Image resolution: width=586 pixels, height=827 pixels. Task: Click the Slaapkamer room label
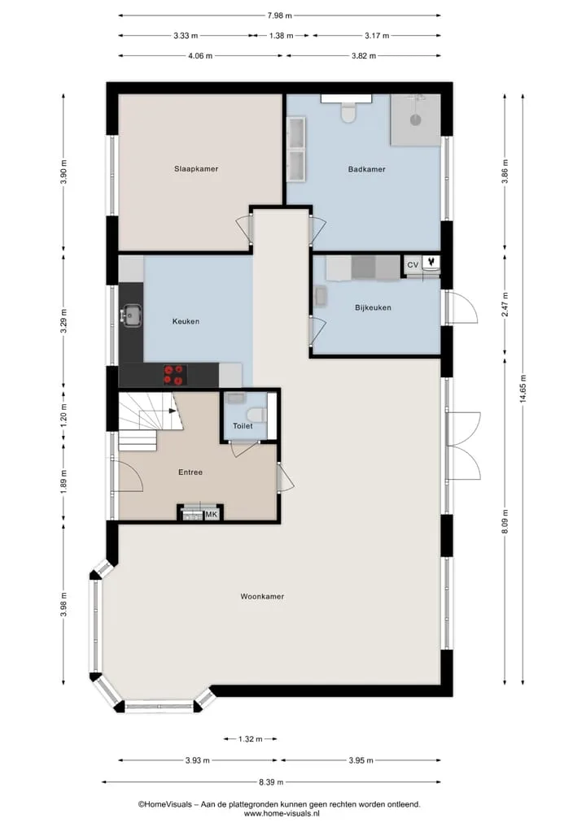196,169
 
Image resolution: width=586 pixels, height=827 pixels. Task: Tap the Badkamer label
366,169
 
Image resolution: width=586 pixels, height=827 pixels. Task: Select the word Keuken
186,321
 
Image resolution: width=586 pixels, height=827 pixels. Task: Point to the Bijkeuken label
373,307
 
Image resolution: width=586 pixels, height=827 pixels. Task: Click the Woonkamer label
262,597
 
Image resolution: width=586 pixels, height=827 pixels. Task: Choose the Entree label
190,472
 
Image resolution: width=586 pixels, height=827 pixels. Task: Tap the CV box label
413,265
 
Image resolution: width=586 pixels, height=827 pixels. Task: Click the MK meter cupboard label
211,514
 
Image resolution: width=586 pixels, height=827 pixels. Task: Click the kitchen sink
130,316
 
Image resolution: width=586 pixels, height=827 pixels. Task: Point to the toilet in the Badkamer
348,112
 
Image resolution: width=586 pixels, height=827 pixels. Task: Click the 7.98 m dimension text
279,15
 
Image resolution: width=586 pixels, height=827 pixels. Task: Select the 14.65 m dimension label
523,390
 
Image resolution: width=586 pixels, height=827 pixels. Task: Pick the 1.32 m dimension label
250,739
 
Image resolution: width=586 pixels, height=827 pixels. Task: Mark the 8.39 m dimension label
271,782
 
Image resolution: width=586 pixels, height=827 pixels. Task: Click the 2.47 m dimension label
505,305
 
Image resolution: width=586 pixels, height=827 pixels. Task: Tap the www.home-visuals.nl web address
282,814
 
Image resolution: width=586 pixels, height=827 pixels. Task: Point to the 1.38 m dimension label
281,36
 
